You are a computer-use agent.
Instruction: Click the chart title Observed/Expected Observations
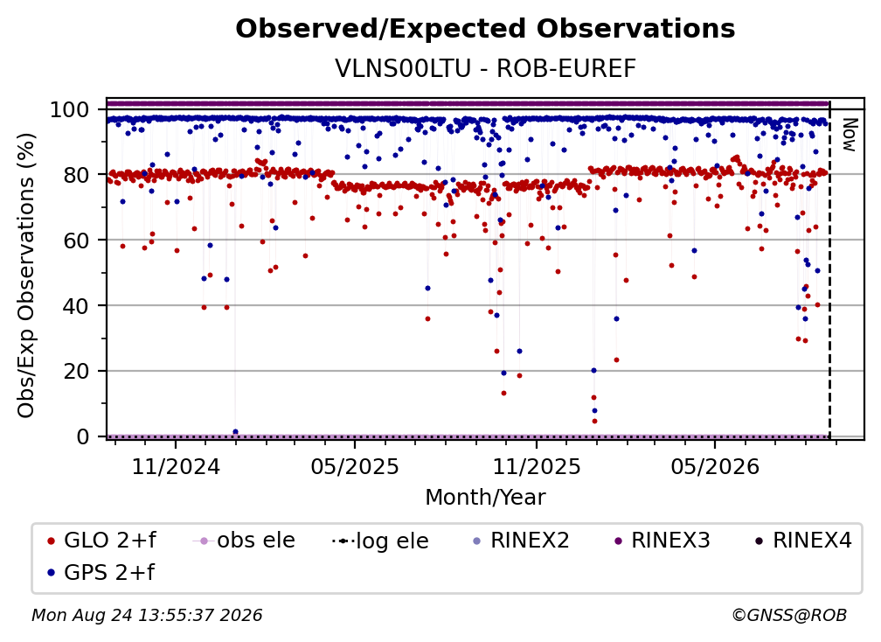pos(485,29)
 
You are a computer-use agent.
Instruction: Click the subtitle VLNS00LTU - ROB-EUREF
pos(485,68)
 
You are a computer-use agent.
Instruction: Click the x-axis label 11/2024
pos(176,466)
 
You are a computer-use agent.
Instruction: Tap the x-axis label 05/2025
pos(355,466)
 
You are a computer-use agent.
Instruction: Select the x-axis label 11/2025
pos(537,466)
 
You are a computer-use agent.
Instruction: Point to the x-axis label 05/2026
pos(715,466)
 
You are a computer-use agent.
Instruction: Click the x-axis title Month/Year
pos(485,497)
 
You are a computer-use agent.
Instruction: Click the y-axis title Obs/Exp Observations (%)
pos(26,276)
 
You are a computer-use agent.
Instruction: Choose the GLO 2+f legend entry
pos(101,541)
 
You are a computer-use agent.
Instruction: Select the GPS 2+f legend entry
pos(101,572)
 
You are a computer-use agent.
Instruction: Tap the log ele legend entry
pos(380,541)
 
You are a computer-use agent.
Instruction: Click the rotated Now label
pos(849,135)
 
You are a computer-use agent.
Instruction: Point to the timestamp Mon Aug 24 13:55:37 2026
pos(147,615)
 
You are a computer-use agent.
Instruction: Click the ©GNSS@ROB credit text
pos(789,615)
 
